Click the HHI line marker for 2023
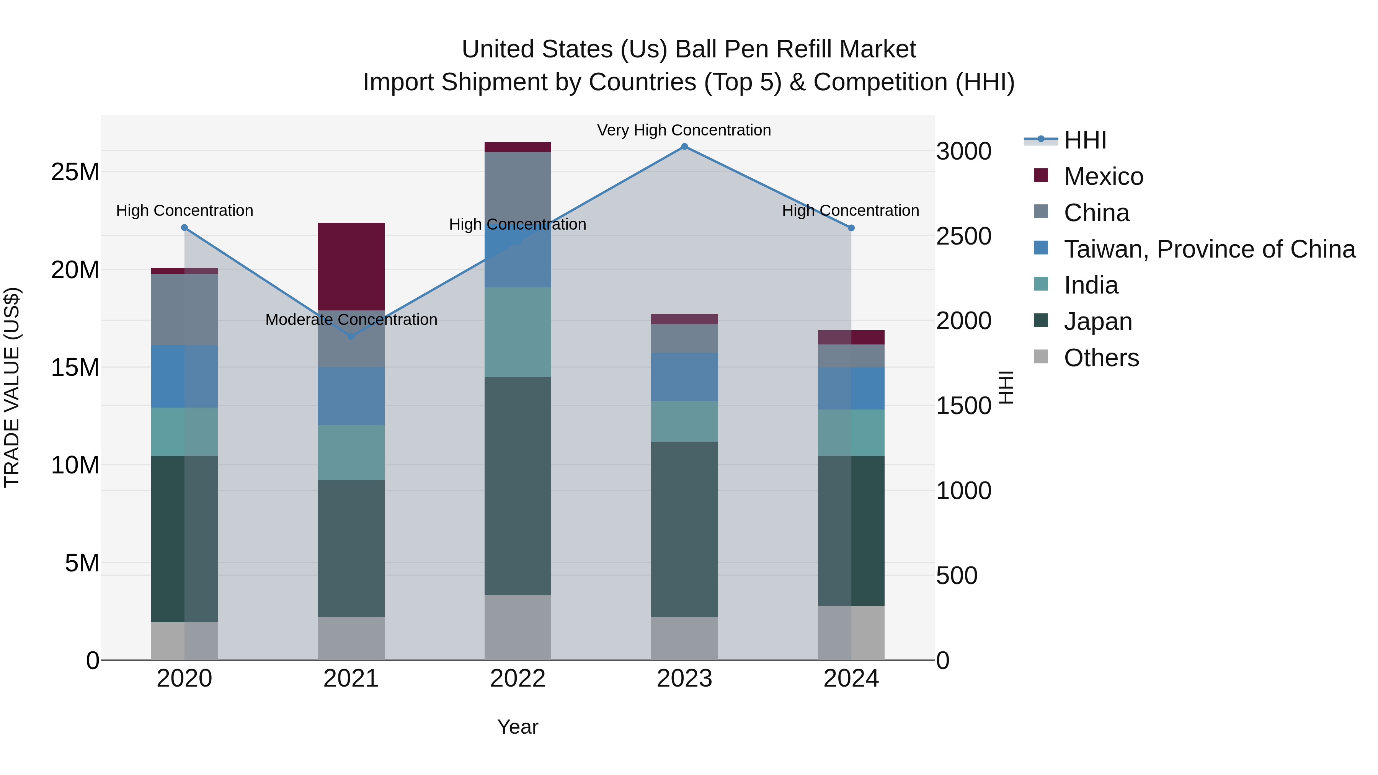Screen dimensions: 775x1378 coord(684,147)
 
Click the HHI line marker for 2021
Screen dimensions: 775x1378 coord(351,336)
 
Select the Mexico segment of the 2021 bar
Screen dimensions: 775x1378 coord(351,266)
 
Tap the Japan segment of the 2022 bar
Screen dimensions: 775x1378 coord(517,486)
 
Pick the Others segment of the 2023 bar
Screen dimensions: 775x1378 coord(684,639)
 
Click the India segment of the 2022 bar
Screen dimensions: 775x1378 coord(517,332)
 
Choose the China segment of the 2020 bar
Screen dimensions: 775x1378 coord(184,310)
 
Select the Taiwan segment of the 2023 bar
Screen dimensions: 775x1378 coord(684,377)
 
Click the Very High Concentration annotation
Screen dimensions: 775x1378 coord(684,131)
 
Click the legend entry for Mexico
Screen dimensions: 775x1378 coord(1103,176)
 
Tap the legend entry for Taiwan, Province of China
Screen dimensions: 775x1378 coord(1209,249)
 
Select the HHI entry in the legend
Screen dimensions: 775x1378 coord(1085,140)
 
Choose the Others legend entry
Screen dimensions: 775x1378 coord(1101,358)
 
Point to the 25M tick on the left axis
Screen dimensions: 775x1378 coord(75,172)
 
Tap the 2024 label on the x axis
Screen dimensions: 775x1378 coord(851,679)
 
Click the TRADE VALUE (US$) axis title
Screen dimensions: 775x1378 coord(12,387)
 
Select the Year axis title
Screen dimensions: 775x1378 coord(517,727)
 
